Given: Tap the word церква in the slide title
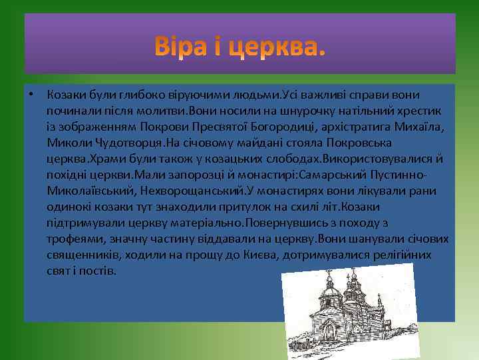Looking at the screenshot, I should pyautogui.click(x=277, y=48).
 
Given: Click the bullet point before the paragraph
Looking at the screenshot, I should pyautogui.click(x=31, y=93).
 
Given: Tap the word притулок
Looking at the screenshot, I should pyautogui.click(x=265, y=207).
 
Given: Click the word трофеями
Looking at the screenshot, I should pyautogui.click(x=74, y=239).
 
